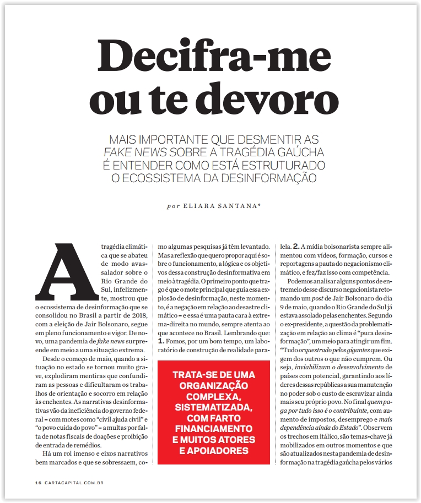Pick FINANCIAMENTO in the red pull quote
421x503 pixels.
213,429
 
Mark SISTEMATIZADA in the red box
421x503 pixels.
213,407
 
